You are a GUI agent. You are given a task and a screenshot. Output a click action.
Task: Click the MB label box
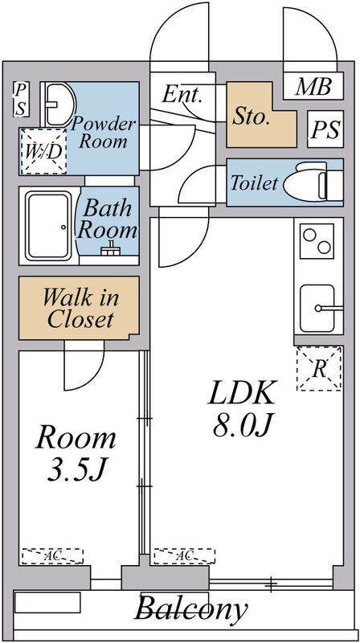tap(313, 86)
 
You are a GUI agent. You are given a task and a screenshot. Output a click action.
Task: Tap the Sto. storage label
tap(251, 117)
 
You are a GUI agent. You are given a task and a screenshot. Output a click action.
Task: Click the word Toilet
tap(254, 182)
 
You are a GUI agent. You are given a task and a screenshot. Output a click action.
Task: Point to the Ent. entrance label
tap(182, 94)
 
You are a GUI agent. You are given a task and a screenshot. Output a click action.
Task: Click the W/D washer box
tap(43, 151)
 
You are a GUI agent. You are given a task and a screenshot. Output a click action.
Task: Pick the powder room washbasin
tap(59, 104)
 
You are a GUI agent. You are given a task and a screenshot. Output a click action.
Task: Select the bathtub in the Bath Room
tap(48, 226)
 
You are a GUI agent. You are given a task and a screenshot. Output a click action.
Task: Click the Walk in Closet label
tap(80, 308)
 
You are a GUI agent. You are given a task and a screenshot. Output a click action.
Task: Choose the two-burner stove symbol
tap(317, 241)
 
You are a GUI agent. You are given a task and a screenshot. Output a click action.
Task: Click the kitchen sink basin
tap(317, 309)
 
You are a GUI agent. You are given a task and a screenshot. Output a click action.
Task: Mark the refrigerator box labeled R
tap(319, 369)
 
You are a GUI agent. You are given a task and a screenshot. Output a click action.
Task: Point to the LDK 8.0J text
tap(241, 408)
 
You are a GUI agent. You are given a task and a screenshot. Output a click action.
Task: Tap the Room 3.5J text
tap(76, 453)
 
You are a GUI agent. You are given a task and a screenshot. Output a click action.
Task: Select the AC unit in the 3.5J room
tap(52, 555)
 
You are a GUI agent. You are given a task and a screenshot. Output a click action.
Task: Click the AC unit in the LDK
tap(185, 555)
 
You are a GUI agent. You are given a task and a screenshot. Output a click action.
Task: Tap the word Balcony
tap(191, 608)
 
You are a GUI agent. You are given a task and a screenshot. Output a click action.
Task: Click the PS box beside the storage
tap(325, 129)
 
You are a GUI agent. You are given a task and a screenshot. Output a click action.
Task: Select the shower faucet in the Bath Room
tap(109, 249)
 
